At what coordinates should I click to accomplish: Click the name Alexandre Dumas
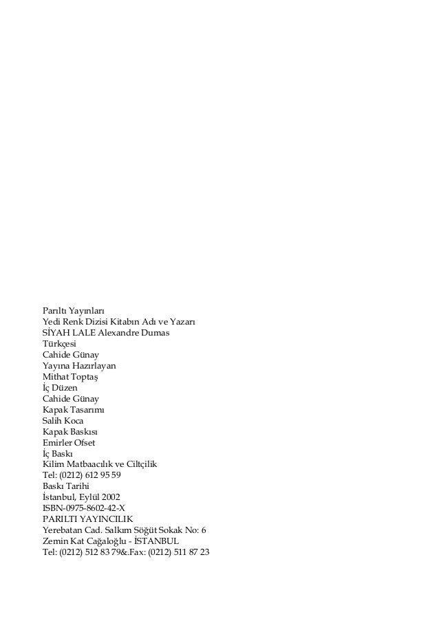click(133, 334)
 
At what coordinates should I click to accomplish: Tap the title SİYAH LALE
click(69, 334)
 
